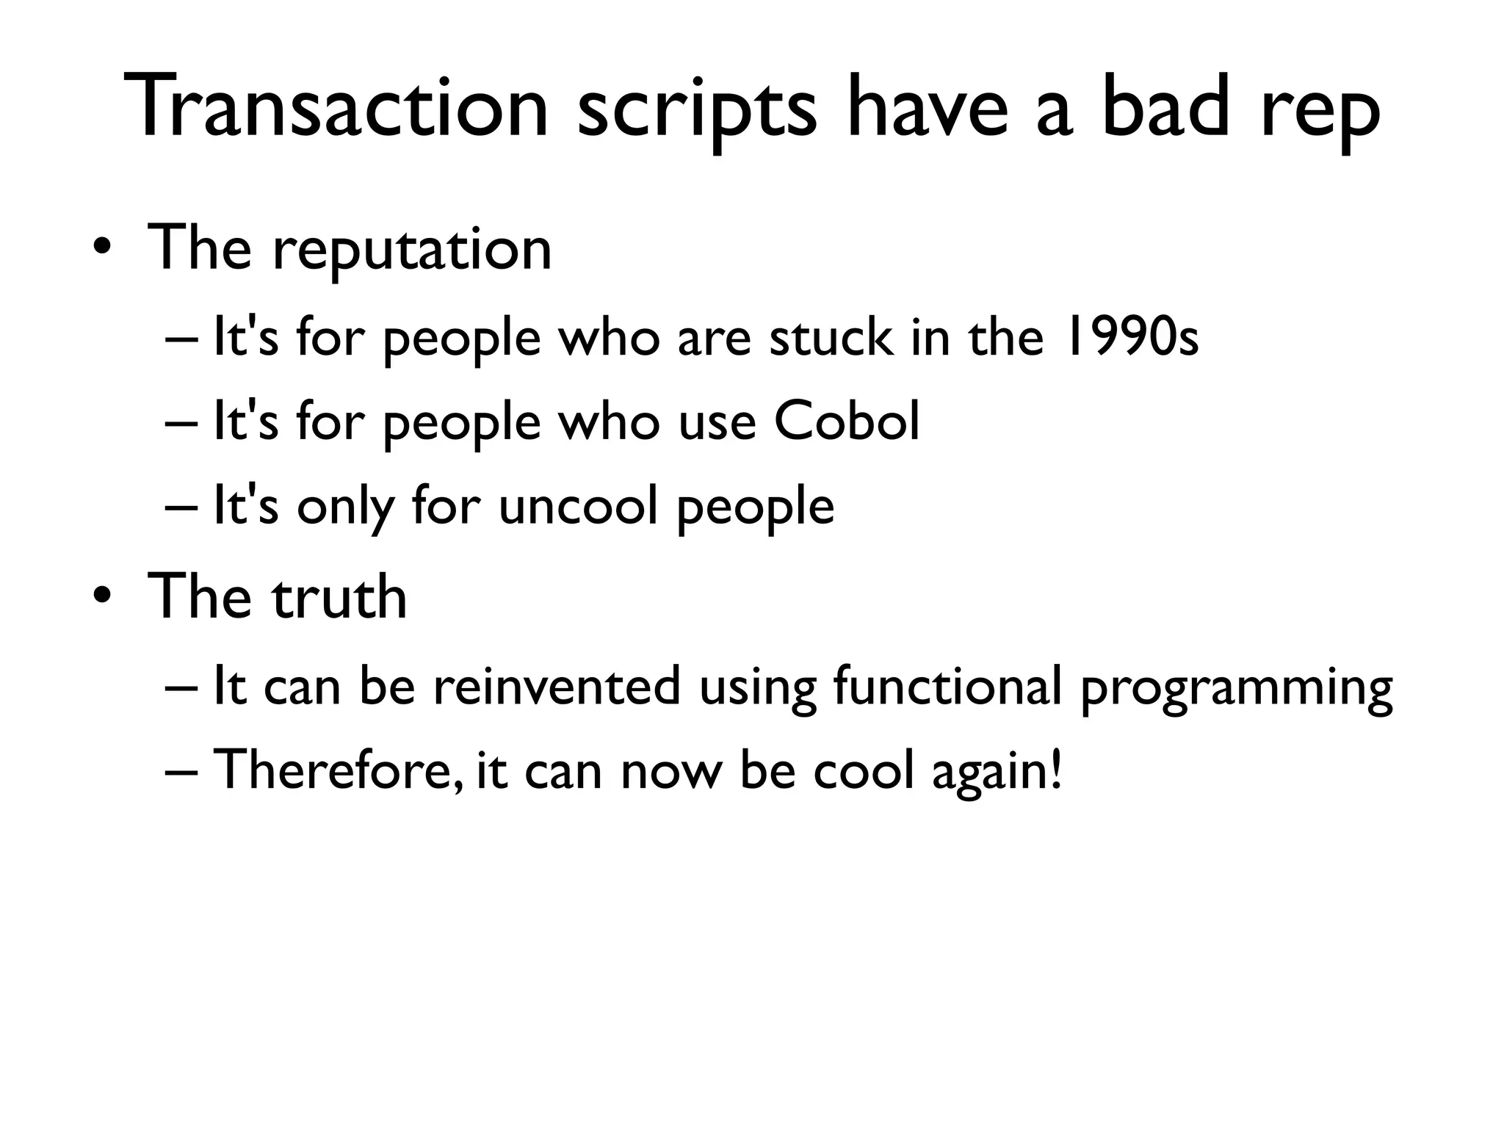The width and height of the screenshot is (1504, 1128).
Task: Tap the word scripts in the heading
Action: point(696,110)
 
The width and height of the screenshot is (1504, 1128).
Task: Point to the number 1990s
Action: point(1131,338)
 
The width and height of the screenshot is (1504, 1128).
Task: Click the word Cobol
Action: point(846,422)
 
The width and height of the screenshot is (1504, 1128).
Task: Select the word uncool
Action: point(578,506)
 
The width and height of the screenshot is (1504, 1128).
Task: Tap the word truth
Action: point(339,596)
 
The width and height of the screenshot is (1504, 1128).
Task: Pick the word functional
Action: point(947,687)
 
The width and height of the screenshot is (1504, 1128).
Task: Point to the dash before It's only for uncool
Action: point(181,507)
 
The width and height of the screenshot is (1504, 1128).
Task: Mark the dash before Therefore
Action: point(181,772)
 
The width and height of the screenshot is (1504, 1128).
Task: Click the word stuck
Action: point(831,338)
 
